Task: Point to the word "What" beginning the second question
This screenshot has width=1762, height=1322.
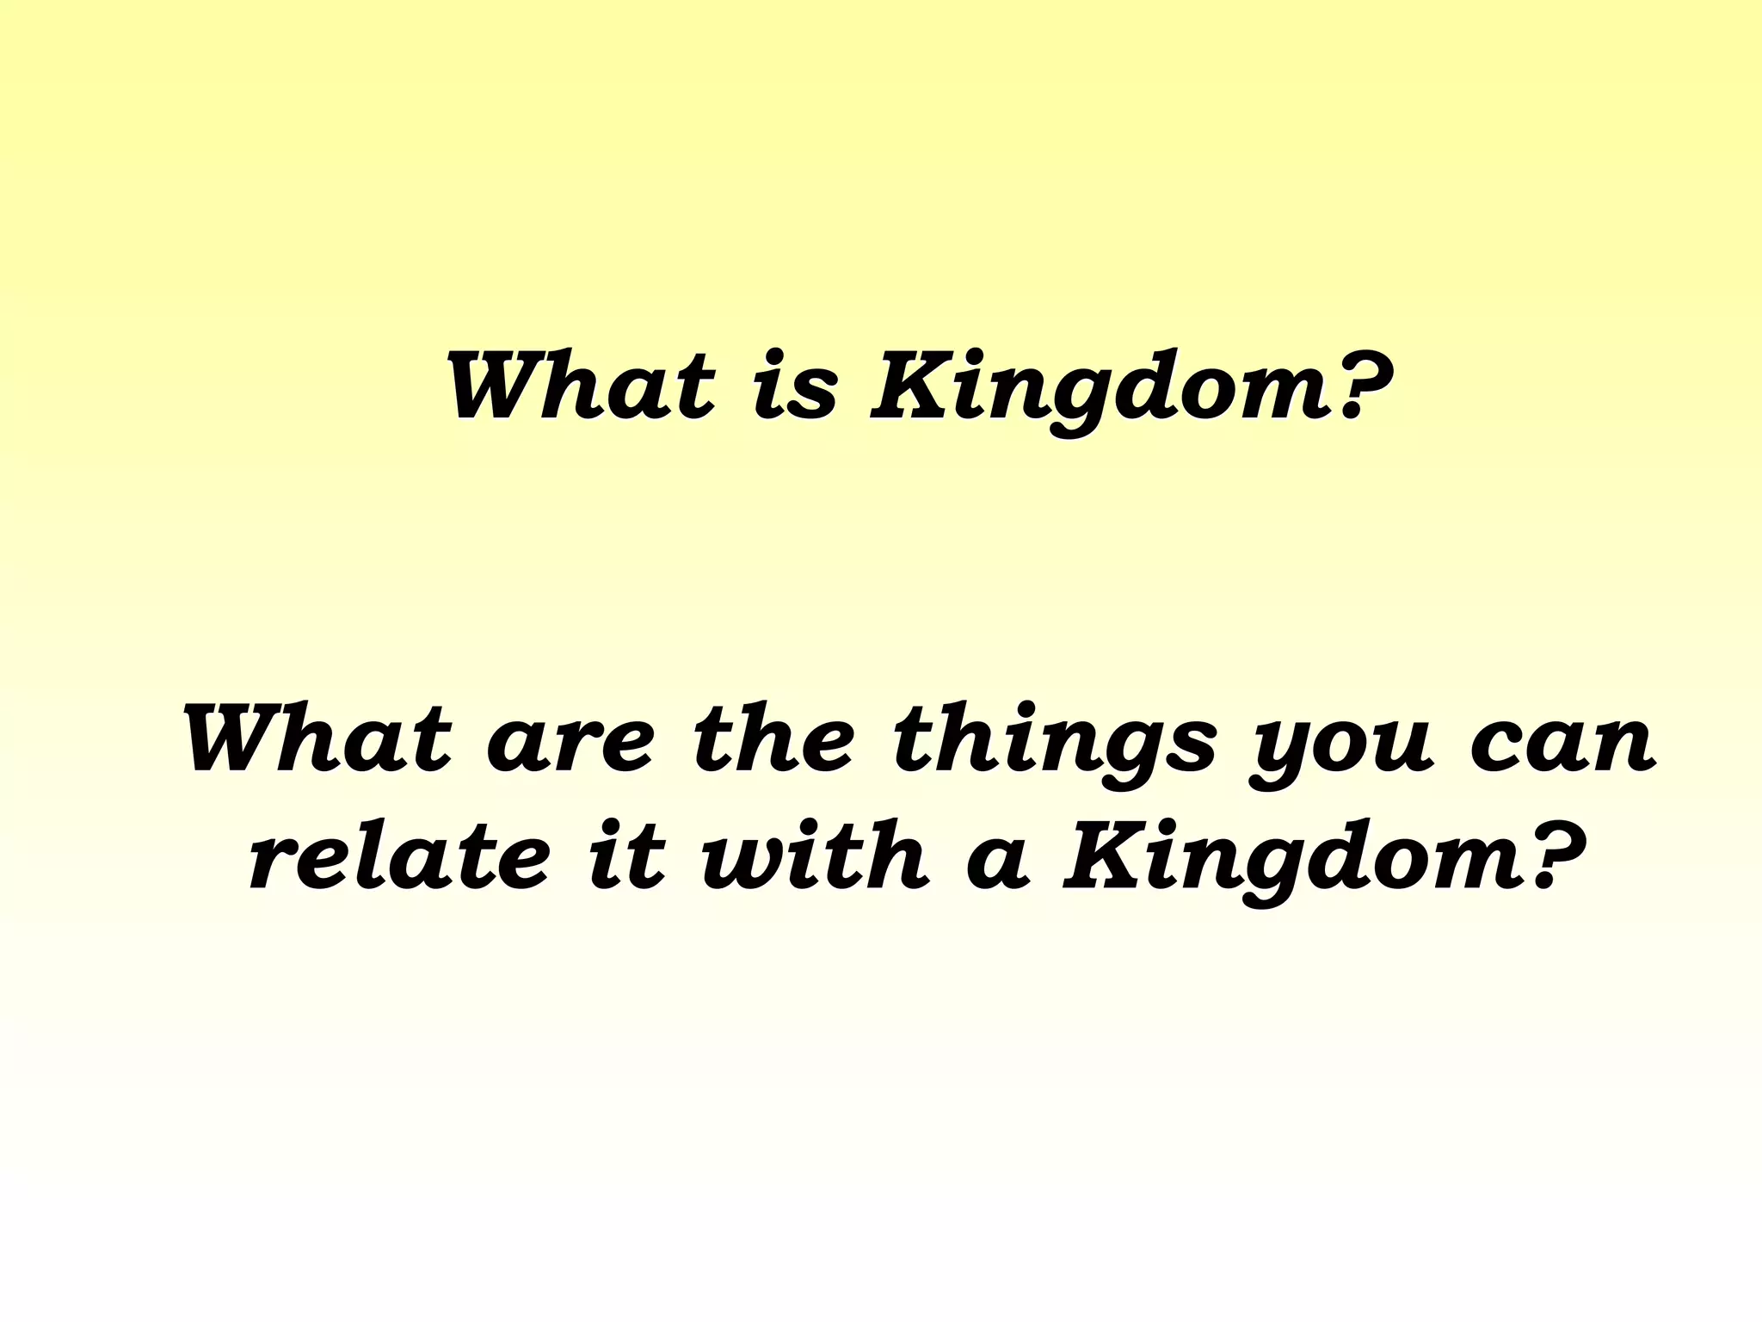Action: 317,739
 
